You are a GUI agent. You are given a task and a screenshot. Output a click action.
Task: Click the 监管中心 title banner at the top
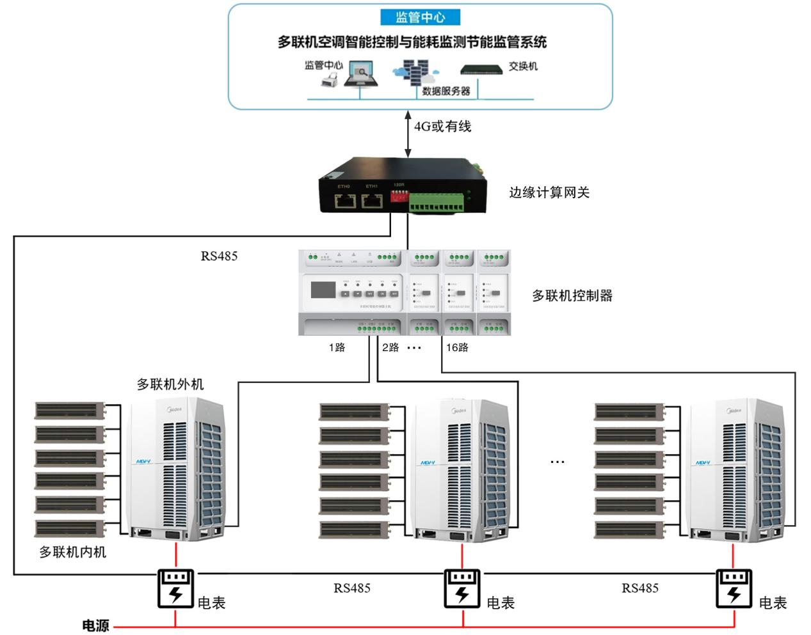(420, 17)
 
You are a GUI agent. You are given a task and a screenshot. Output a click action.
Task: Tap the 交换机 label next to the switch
(523, 67)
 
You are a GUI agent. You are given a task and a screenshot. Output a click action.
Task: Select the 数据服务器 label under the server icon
(446, 91)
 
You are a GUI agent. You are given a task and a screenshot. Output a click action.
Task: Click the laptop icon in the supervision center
(362, 74)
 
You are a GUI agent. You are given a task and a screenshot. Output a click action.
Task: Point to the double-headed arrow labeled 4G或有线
(408, 134)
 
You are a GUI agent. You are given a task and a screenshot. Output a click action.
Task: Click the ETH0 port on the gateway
(344, 201)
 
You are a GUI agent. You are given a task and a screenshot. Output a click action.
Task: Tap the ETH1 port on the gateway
(372, 201)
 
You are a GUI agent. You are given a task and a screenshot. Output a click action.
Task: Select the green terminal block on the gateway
(438, 205)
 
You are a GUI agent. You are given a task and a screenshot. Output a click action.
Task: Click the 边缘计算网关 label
(549, 192)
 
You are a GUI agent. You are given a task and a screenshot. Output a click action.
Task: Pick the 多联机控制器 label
(572, 295)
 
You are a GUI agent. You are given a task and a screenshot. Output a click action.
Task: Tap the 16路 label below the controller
(457, 347)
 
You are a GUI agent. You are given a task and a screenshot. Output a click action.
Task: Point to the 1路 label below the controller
(337, 347)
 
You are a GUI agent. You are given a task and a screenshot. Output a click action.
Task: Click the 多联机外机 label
(170, 384)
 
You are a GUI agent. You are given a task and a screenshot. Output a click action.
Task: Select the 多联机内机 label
(72, 553)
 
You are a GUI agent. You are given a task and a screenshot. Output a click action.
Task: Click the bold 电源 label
(96, 626)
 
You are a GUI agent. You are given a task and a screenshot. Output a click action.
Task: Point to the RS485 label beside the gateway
(219, 256)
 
